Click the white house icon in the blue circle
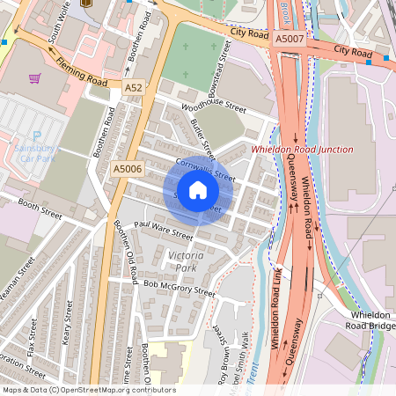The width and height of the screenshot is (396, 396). click(198, 190)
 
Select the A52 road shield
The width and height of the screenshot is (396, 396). click(133, 88)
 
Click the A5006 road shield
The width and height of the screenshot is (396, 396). click(128, 167)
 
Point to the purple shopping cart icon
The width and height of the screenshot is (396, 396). click(34, 78)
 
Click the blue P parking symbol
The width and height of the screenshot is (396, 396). click(37, 136)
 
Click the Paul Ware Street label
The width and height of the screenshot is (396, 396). click(163, 231)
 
